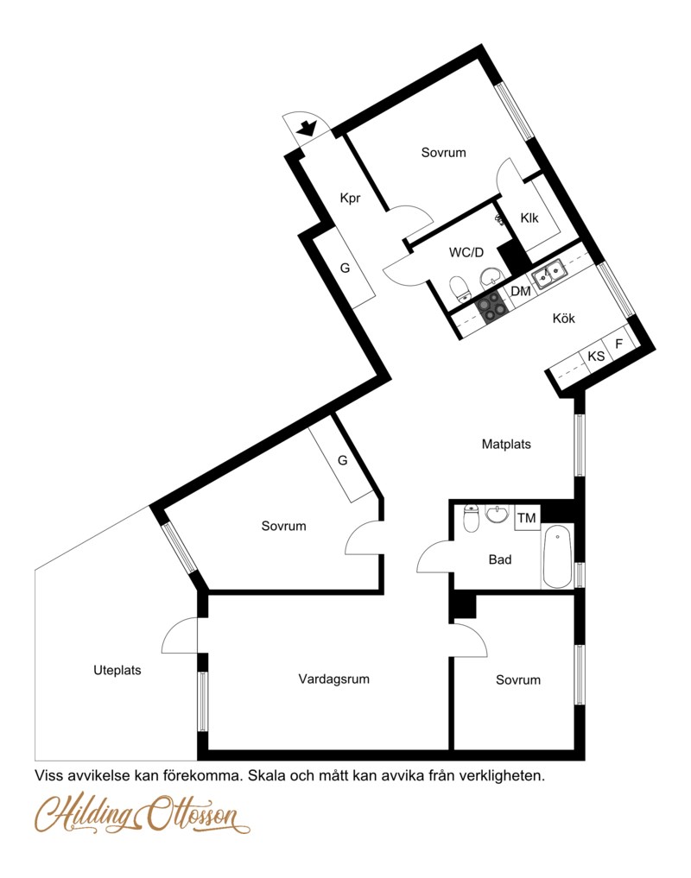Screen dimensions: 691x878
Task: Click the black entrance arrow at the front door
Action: tap(306, 129)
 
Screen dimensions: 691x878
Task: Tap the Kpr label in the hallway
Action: tap(351, 198)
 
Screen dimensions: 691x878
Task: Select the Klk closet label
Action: tap(529, 218)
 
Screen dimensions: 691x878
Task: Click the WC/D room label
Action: tap(466, 253)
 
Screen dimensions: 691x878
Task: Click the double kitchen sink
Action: tap(549, 275)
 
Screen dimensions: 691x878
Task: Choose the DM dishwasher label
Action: tap(521, 291)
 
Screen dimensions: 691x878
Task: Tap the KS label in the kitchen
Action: tap(596, 357)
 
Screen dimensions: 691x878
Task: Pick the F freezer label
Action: tap(619, 344)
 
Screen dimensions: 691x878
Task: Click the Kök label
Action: tap(564, 318)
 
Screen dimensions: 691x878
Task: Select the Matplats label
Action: tap(506, 444)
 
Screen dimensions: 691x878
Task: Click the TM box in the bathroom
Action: tap(527, 517)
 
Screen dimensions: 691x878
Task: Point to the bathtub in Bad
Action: tap(558, 556)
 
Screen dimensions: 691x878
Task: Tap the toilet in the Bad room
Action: tap(472, 517)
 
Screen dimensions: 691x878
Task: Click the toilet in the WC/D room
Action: tap(460, 289)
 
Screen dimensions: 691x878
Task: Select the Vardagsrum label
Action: tap(334, 679)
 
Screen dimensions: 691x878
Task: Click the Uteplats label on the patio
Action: tap(117, 670)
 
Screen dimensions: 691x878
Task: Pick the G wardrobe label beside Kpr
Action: tap(345, 268)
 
